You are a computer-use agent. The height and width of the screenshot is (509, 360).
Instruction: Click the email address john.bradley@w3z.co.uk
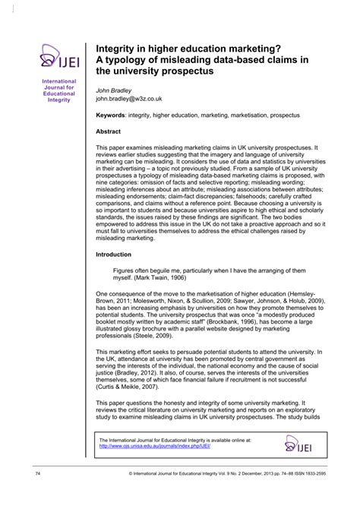point(130,98)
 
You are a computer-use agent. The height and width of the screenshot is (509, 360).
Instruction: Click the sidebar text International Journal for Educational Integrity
point(58,89)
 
